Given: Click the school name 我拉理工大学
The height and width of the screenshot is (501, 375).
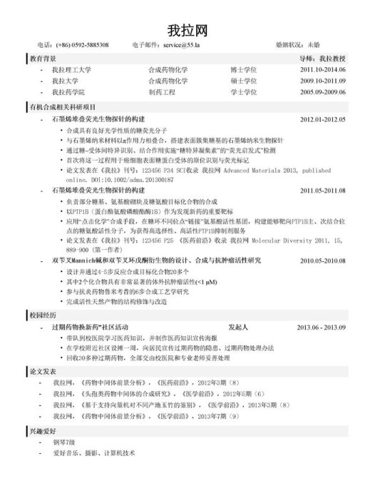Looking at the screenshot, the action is coord(72,70).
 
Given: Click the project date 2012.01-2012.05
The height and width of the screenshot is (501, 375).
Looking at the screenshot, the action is coord(322,119).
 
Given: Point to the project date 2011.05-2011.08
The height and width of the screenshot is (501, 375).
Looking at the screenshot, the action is coord(322,191).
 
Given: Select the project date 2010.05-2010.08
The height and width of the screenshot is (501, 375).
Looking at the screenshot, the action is coord(322,261).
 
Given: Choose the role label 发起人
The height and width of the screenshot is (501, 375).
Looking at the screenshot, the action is coord(237,327).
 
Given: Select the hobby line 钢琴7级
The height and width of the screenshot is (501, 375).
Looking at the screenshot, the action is coord(63,443).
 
